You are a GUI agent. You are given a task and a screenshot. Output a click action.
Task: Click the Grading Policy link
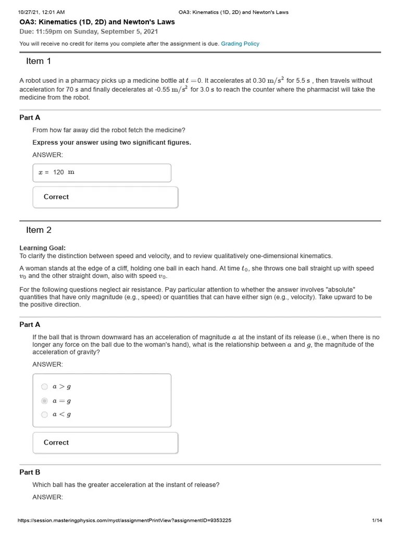(240, 44)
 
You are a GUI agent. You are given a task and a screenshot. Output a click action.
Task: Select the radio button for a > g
(44, 387)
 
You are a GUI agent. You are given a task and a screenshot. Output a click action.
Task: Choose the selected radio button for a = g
(44, 401)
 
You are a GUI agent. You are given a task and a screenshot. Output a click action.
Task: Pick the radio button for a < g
(44, 415)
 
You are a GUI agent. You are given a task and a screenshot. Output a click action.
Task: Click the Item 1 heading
(39, 61)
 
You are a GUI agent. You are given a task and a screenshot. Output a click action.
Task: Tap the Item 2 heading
(39, 230)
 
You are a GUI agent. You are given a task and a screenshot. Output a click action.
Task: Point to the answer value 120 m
(63, 172)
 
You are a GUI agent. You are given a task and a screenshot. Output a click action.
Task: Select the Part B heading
(30, 472)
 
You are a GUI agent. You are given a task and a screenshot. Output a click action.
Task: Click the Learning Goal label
(43, 248)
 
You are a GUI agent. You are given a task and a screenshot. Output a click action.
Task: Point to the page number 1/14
(377, 521)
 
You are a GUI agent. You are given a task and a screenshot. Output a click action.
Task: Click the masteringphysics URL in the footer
(124, 521)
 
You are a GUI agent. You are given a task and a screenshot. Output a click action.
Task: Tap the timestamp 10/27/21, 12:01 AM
(42, 12)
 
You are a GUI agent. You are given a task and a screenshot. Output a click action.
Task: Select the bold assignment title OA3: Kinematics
(97, 22)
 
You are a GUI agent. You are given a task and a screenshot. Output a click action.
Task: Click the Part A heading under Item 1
(30, 118)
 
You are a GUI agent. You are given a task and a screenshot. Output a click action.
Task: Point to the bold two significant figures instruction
(111, 143)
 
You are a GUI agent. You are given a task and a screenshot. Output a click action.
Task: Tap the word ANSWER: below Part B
(47, 497)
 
